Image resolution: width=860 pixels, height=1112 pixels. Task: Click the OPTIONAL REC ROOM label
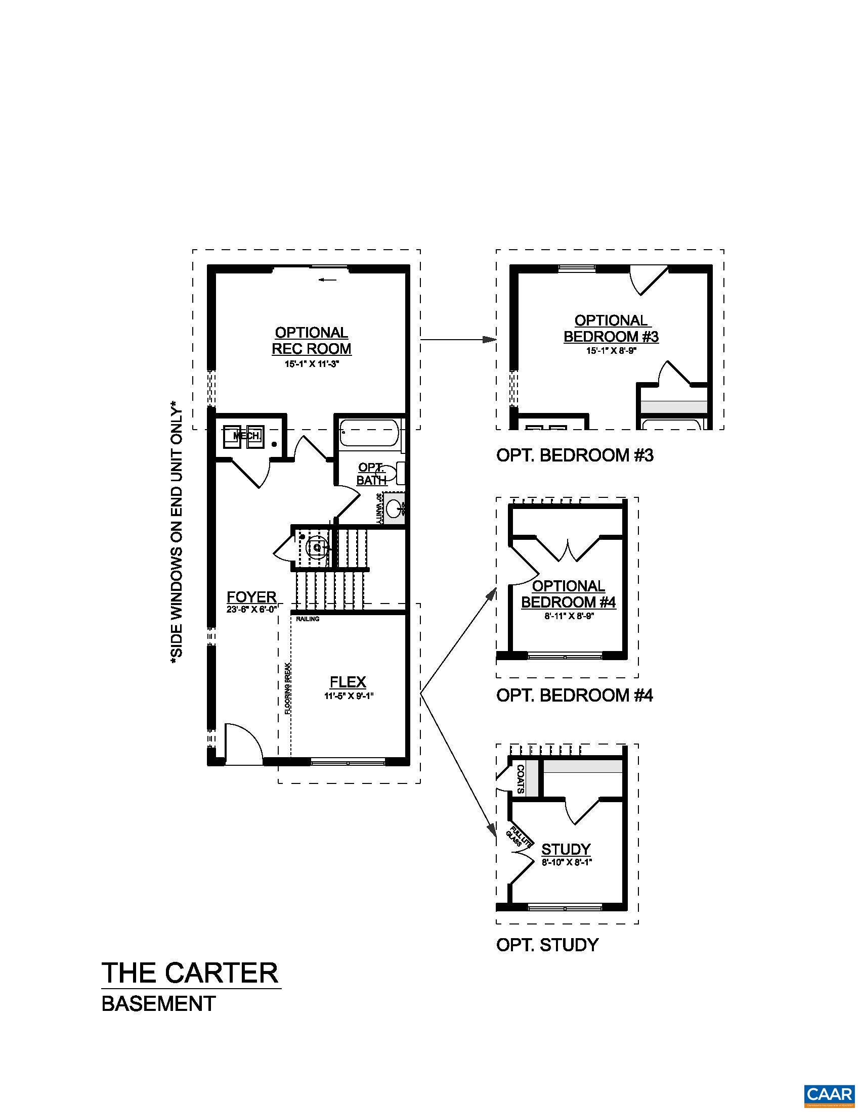(311, 341)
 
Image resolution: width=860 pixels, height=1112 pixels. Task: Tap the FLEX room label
(348, 682)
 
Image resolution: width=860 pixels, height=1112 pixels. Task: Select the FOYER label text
(252, 597)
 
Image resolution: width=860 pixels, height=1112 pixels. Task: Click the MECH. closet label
(247, 436)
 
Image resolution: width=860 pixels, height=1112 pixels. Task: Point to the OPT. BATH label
(371, 474)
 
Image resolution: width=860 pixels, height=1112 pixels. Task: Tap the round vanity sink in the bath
(393, 507)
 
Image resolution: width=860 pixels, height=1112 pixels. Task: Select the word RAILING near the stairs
(308, 619)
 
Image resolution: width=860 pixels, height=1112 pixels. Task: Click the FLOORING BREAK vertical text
(287, 689)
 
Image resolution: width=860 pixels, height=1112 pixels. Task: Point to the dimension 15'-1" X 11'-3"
(311, 364)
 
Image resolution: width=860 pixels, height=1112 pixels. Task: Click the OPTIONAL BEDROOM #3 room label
(611, 329)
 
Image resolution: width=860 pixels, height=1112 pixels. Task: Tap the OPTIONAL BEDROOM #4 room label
(569, 594)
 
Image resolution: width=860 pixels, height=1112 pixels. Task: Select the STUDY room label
(566, 849)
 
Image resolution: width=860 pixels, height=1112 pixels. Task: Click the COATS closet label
(520, 779)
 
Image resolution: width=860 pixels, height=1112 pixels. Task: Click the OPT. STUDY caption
(547, 945)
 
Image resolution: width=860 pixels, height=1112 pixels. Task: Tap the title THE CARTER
(191, 973)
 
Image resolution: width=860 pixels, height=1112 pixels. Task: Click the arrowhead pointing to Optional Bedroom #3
(490, 340)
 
